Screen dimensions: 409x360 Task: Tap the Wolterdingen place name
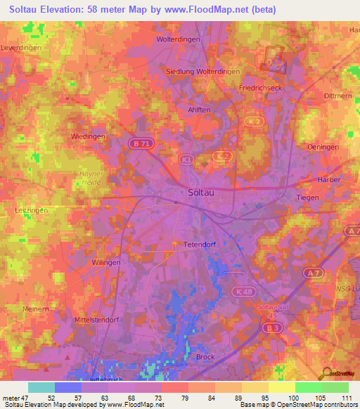[x=179, y=39]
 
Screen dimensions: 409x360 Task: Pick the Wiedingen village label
[x=89, y=136]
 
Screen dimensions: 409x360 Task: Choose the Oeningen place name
[x=323, y=147]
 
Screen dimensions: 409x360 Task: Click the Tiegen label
[x=308, y=197]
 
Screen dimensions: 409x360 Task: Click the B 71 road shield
[x=139, y=143]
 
